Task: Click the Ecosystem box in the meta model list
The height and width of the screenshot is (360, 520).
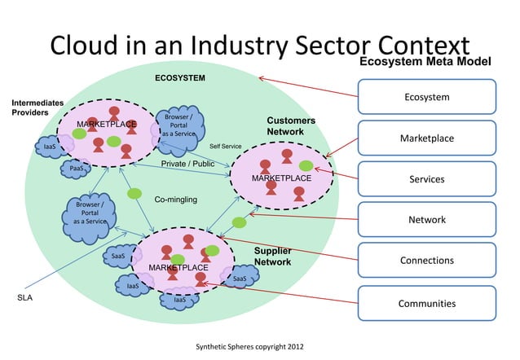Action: [426, 97]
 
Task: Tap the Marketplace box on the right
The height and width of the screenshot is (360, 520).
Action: [426, 138]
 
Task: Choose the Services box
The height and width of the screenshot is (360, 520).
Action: [426, 179]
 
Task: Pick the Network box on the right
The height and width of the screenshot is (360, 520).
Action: [426, 220]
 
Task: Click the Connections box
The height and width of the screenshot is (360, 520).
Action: [426, 261]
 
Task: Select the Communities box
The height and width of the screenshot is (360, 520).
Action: [426, 303]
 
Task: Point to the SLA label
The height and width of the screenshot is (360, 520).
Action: [25, 298]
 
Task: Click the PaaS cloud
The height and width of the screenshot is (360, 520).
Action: [77, 169]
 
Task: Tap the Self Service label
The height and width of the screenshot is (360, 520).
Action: [226, 147]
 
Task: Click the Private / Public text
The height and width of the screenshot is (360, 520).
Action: [187, 164]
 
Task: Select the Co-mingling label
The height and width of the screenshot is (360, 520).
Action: [175, 199]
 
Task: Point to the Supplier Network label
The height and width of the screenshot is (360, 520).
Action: [272, 257]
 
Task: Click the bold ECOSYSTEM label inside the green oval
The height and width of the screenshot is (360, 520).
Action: [180, 78]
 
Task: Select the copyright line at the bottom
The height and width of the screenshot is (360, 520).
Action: [249, 347]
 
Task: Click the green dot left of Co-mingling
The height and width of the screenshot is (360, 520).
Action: [134, 194]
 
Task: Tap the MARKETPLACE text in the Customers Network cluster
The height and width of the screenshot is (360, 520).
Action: [281, 178]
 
